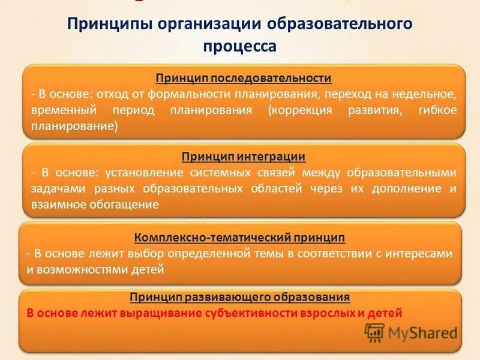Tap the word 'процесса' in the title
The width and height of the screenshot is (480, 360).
(240, 46)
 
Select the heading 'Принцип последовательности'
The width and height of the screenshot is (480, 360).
(244, 79)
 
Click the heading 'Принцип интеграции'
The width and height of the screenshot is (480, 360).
(244, 157)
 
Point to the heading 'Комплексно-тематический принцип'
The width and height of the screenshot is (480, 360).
(239, 237)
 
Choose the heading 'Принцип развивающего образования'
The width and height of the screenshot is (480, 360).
(239, 297)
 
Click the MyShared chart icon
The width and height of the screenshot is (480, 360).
(375, 332)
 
